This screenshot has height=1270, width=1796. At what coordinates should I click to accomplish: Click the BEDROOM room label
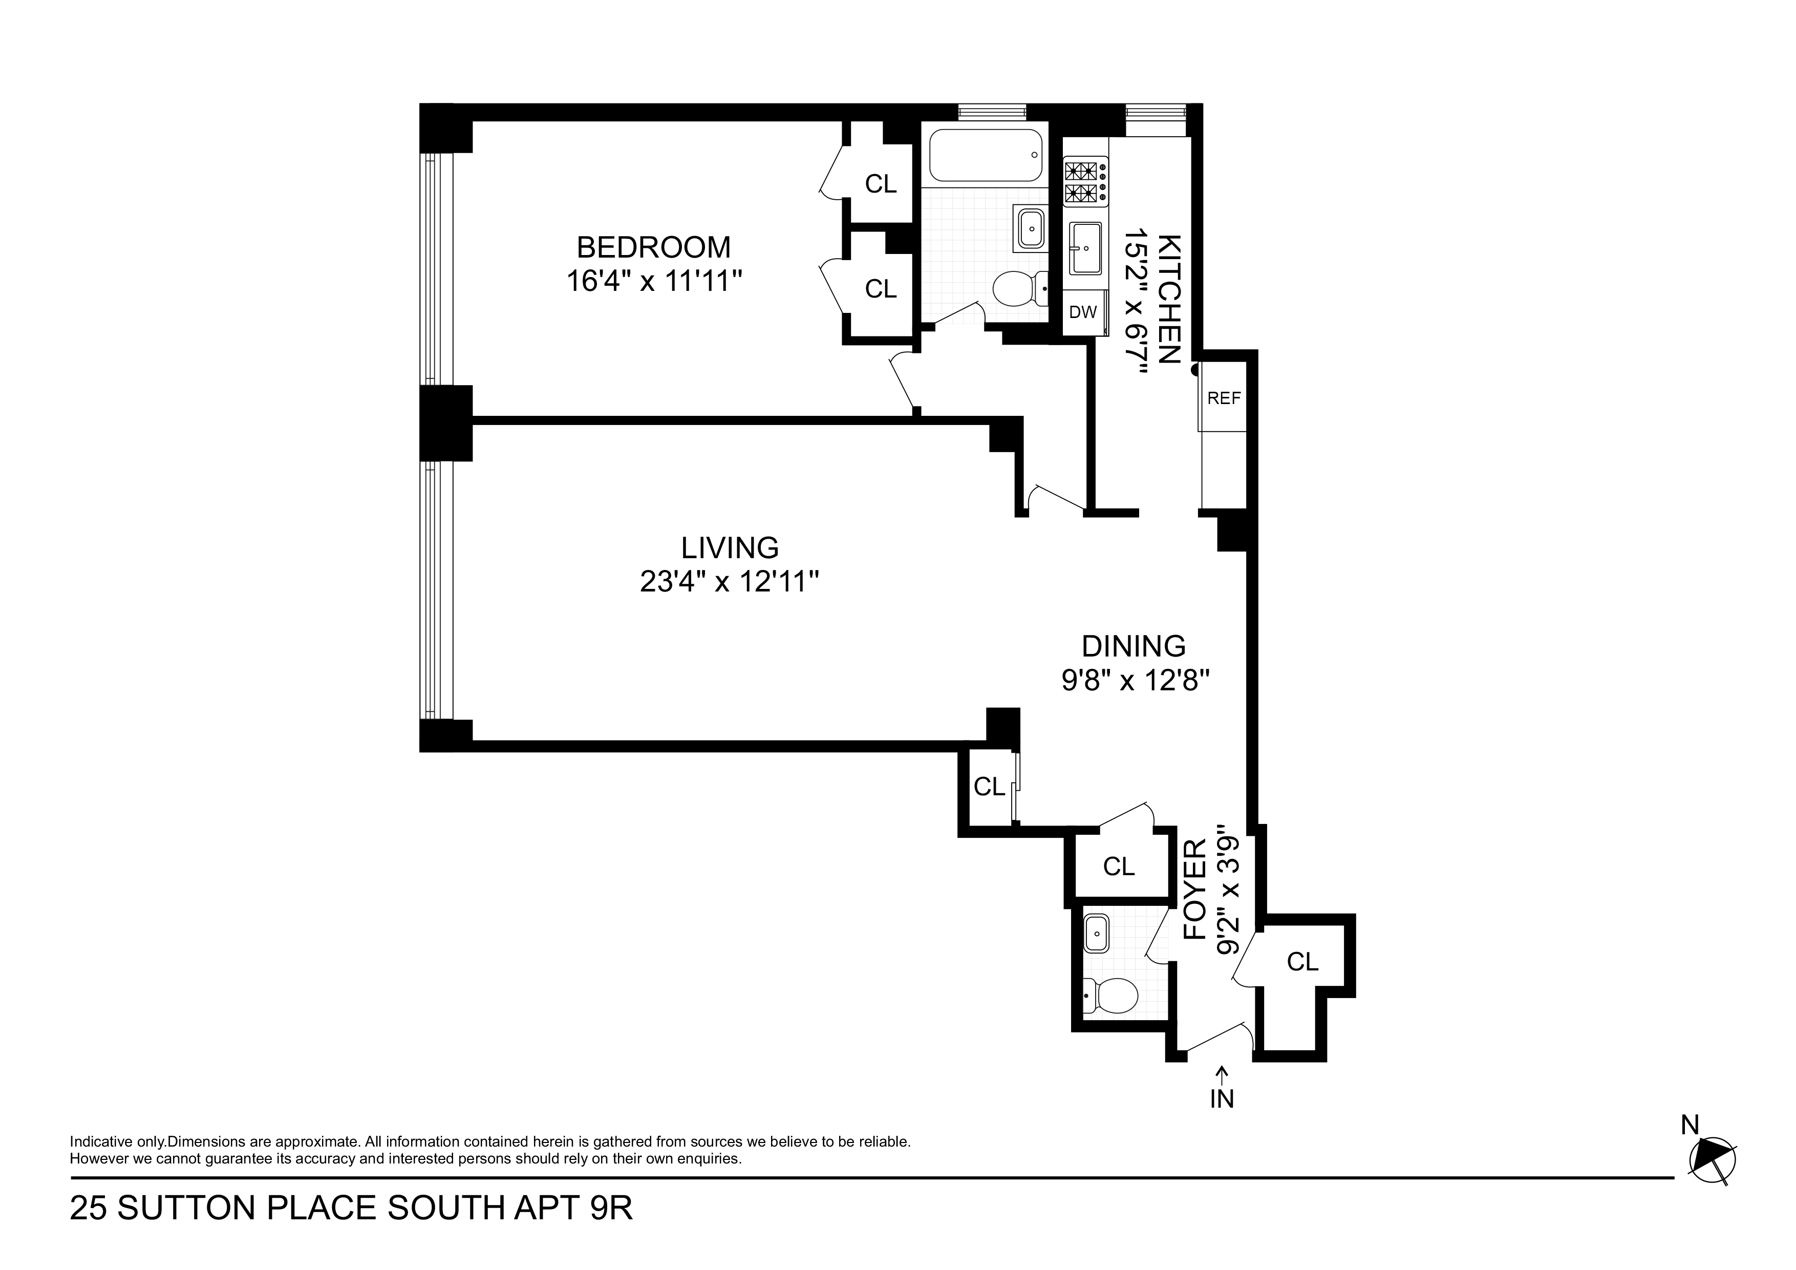[x=653, y=247]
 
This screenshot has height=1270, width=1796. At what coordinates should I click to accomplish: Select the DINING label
[x=1134, y=646]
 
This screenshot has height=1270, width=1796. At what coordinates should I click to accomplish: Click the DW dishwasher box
[x=1083, y=312]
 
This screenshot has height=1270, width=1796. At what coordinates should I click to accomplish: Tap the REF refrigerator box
[x=1224, y=398]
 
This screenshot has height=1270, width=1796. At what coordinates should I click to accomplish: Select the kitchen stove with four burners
[x=1085, y=182]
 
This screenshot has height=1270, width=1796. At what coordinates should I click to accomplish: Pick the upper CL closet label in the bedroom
[x=881, y=184]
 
